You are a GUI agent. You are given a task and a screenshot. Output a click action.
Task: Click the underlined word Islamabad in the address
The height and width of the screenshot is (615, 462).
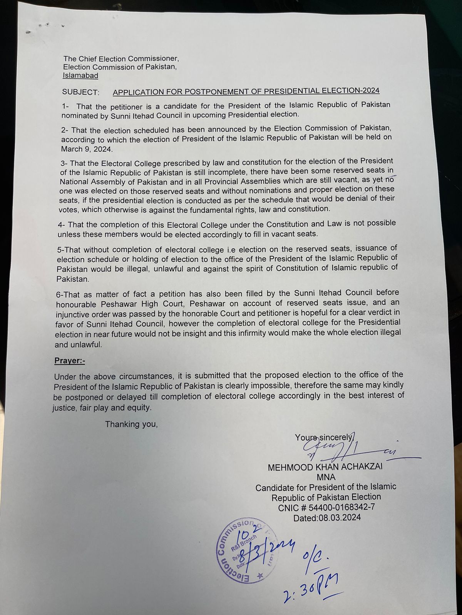tap(80, 76)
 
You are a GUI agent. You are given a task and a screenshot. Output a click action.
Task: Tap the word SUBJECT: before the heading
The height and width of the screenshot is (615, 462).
tap(80, 92)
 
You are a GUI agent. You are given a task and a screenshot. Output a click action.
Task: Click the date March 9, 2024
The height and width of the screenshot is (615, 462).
tap(86, 149)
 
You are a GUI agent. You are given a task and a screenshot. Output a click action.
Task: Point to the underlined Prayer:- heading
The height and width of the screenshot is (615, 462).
tap(70, 361)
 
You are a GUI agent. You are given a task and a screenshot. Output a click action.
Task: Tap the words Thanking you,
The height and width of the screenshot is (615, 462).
tap(131, 424)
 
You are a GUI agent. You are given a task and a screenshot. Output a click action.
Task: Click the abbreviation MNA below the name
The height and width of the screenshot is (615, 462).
tap(326, 477)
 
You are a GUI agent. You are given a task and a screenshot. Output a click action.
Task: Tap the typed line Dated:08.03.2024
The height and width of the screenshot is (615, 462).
tap(327, 517)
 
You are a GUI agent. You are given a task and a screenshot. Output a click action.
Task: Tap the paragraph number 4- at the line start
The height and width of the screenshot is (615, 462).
tap(62, 224)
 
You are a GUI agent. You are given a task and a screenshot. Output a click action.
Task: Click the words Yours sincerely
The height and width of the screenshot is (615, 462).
tap(323, 437)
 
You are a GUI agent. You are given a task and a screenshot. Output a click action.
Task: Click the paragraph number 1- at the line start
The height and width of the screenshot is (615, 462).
tap(66, 106)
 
